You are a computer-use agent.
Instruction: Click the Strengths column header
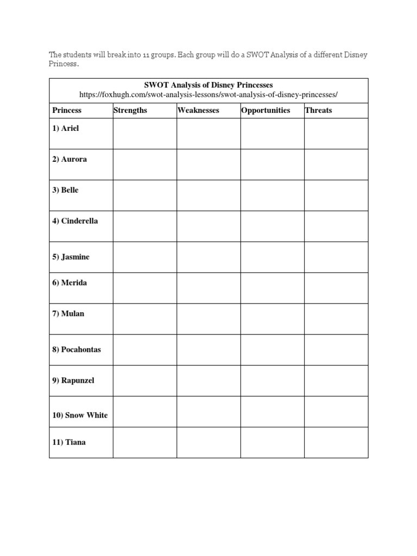pos(130,110)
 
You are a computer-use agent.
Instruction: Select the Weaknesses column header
pos(198,110)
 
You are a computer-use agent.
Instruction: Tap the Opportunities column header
pos(266,110)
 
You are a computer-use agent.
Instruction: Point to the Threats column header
pos(318,110)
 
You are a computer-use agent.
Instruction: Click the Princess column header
pos(67,110)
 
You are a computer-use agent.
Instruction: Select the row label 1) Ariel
pos(66,129)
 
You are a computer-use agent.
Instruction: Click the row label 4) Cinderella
pos(75,221)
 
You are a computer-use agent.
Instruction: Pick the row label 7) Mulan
pos(68,313)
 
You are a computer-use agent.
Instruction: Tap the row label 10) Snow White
pos(80,415)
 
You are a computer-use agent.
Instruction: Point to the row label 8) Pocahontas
pos(77,349)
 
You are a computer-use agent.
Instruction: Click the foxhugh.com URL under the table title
pos(208,94)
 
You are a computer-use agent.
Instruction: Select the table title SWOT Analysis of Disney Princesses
pos(208,85)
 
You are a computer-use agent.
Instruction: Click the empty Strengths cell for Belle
pos(144,195)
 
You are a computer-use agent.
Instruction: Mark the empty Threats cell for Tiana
pos(336,443)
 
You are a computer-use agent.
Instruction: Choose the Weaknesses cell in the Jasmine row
pos(208,257)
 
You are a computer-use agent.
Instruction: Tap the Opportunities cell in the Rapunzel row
pos(272,381)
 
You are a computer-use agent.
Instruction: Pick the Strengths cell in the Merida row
pos(144,288)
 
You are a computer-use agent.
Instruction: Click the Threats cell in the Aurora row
pos(336,164)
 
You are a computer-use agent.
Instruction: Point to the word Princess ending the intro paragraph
pos(64,64)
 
